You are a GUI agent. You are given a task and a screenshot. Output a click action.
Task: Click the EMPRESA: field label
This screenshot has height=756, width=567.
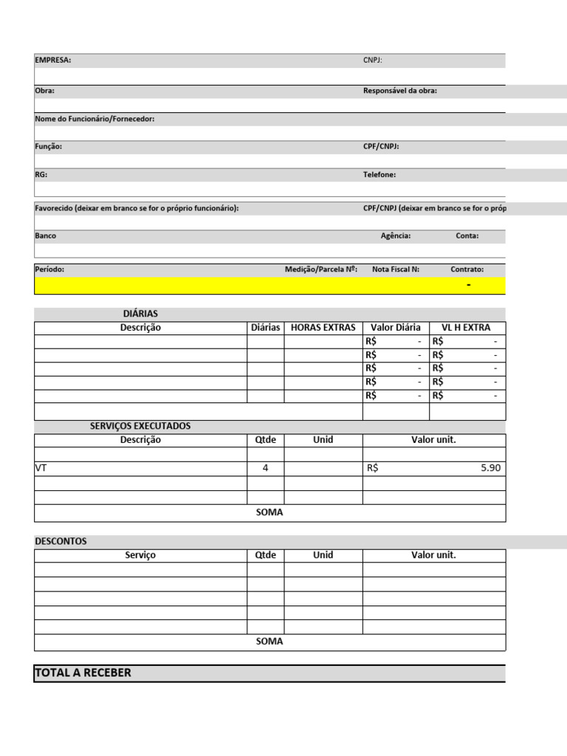(53, 61)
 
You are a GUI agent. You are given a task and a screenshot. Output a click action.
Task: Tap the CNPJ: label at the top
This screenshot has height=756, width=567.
(372, 61)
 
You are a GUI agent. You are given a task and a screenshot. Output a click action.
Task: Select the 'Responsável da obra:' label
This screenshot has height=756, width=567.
(400, 91)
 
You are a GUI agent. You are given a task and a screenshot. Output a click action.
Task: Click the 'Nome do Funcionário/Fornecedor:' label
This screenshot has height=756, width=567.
(94, 119)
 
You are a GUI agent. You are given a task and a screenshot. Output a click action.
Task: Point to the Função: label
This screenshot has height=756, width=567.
(49, 147)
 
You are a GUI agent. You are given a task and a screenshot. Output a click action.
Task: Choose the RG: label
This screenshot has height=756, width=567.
(41, 175)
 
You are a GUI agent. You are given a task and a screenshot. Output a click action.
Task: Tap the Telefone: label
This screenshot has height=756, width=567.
(379, 175)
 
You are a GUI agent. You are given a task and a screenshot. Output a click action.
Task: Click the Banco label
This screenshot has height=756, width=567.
(46, 236)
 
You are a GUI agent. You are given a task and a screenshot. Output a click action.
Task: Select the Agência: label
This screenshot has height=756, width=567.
(396, 236)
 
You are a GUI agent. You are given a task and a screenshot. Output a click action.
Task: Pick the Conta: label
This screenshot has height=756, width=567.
(467, 236)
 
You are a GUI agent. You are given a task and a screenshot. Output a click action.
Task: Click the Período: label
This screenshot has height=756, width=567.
(49, 269)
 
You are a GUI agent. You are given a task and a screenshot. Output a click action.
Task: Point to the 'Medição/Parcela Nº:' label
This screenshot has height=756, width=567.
(321, 269)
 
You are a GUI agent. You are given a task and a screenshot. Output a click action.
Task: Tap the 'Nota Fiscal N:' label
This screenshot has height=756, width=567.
(396, 269)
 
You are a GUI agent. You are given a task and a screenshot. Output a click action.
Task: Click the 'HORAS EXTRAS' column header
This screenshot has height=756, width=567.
(323, 328)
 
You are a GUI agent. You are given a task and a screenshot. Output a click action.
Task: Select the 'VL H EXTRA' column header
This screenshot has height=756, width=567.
(466, 328)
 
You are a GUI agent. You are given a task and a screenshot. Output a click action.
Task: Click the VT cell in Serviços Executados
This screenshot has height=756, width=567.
(41, 468)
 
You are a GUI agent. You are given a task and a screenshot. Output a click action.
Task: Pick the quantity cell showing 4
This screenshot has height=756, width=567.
(265, 468)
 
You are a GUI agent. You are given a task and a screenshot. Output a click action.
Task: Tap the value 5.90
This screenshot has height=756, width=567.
(490, 468)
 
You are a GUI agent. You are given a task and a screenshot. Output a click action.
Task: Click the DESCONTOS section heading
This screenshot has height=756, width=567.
(61, 541)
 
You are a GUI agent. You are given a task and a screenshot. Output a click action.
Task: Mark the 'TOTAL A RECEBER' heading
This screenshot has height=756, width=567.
(83, 673)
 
